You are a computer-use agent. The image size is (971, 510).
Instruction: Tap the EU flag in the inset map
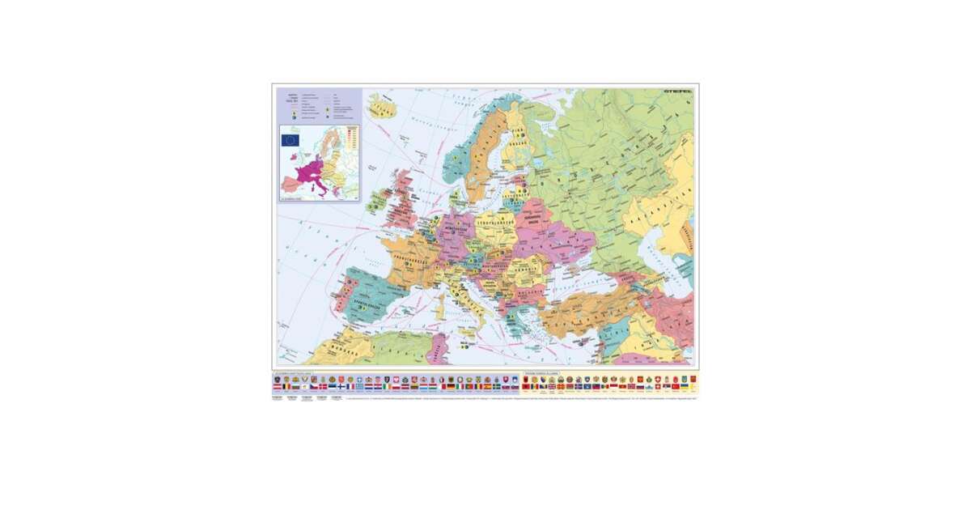(290, 139)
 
